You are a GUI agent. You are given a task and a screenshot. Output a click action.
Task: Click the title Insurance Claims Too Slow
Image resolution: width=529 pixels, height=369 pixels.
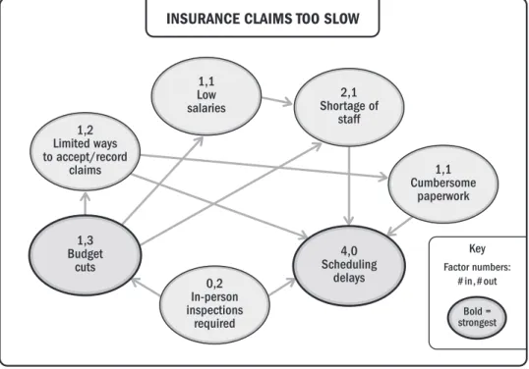pos(263,19)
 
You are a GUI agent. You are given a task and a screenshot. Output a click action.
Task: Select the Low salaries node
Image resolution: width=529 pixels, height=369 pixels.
pos(206,96)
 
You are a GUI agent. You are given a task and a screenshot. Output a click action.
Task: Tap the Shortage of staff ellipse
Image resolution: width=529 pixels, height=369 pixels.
pos(349,107)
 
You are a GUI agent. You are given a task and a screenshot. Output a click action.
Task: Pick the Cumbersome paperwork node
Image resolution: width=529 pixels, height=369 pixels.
pos(443,184)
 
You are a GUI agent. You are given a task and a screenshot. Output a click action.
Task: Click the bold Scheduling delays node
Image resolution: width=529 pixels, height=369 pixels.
pos(349,266)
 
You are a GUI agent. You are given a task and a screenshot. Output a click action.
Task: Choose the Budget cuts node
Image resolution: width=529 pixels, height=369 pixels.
pos(85,255)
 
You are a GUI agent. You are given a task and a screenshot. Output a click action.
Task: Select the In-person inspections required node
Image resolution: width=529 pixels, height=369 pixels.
pos(214,304)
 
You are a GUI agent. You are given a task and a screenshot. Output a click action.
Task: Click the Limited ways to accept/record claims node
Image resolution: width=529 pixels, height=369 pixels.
pos(85,151)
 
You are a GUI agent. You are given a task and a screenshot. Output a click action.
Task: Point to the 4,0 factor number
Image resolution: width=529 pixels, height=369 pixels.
pos(349,251)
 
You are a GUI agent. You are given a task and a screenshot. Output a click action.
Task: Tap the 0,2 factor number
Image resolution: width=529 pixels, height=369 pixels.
pos(214,284)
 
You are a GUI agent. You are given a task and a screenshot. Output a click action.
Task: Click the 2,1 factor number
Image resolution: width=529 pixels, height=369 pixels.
pos(349,92)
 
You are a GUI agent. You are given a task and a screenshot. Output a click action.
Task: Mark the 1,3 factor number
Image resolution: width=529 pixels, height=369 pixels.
pos(85,240)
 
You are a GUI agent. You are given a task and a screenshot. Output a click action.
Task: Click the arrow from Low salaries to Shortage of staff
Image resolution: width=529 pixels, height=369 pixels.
pos(277,100)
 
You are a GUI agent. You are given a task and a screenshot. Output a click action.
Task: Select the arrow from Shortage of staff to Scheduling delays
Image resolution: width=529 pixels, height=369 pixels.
pos(349,185)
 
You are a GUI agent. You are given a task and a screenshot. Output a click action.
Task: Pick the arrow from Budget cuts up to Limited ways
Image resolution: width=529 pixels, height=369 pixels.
pos(86,203)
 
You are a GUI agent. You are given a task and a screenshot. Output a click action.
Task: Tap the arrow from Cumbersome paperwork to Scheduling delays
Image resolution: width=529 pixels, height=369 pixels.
pos(399,227)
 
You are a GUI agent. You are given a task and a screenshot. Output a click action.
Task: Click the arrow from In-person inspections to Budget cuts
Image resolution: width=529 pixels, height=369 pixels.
pos(146,287)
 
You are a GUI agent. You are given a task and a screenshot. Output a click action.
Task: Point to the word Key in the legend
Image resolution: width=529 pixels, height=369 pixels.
pos(477,249)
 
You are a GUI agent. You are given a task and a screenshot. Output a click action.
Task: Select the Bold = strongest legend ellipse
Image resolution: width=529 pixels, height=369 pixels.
pos(477,318)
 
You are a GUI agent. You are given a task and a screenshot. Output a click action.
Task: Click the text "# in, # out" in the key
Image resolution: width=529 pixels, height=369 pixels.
pos(477,281)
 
